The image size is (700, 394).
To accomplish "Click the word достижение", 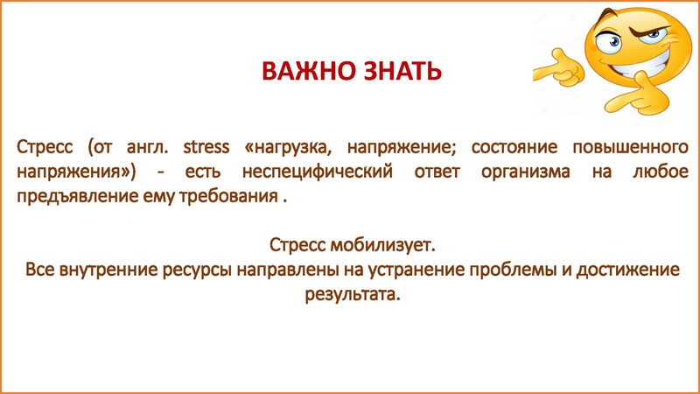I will (627, 268).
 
